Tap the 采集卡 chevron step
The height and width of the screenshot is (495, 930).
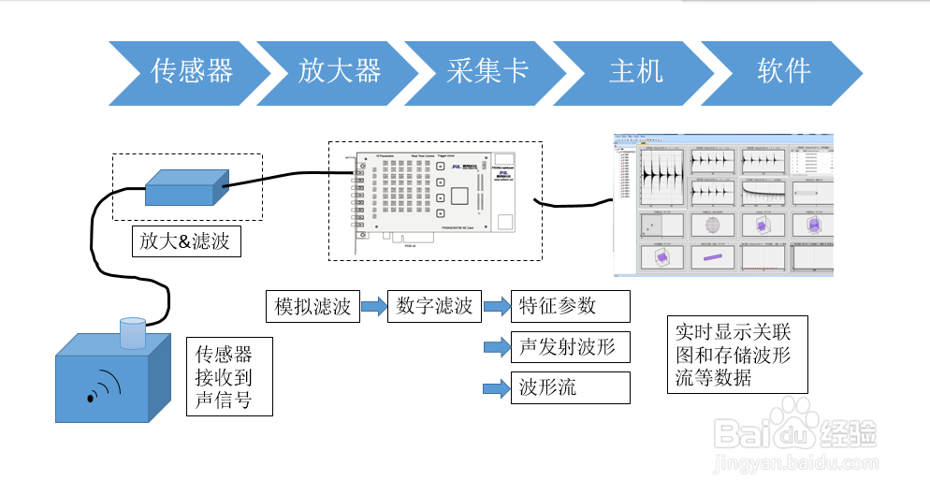487,72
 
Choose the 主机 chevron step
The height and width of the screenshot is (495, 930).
636,72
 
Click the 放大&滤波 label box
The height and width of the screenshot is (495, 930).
186,242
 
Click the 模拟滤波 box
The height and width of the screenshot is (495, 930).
312,307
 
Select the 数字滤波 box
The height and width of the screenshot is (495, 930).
433,307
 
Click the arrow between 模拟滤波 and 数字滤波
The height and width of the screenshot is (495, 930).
374,307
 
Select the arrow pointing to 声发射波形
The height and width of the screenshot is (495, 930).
497,347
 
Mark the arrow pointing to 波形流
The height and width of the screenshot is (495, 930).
497,387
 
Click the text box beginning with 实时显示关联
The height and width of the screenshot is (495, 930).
736,355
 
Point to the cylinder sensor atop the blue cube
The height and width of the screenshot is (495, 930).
132,333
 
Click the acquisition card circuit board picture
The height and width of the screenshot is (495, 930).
434,199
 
